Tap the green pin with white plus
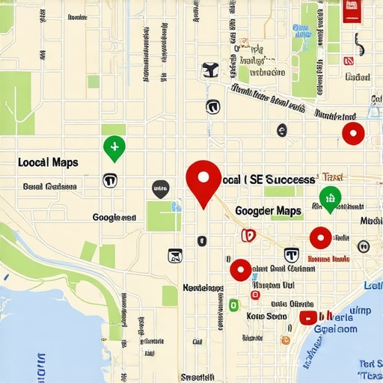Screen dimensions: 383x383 coord(114,147)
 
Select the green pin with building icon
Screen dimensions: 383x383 coord(329,197)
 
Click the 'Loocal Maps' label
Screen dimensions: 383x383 coord(47,162)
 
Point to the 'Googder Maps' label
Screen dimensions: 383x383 coord(268,212)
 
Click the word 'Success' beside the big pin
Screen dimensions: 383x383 coord(291,180)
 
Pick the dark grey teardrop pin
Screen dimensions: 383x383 coord(160,189)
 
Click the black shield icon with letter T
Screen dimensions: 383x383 coord(292,254)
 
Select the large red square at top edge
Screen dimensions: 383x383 coord(350,10)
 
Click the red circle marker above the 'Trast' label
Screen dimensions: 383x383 coord(352,134)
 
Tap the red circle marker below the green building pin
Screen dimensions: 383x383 coord(320,238)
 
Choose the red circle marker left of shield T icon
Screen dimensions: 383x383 coord(240,269)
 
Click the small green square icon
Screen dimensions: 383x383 coord(233,304)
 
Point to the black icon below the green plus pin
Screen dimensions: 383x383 coord(109,180)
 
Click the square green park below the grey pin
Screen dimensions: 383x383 coord(163,215)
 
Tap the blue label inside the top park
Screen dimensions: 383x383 coord(301,31)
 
